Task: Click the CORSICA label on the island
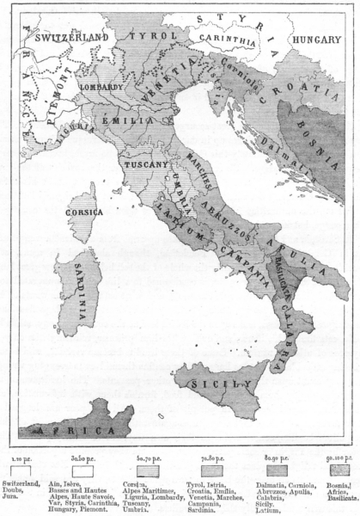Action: pyautogui.click(x=88, y=212)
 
